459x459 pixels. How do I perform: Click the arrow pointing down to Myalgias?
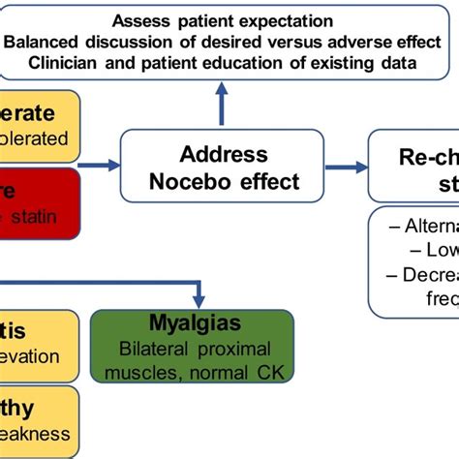pyautogui.click(x=199, y=292)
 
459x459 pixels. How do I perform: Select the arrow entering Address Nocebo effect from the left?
pyautogui.click(x=97, y=167)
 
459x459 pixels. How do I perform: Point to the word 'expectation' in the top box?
pyautogui.click(x=290, y=20)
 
